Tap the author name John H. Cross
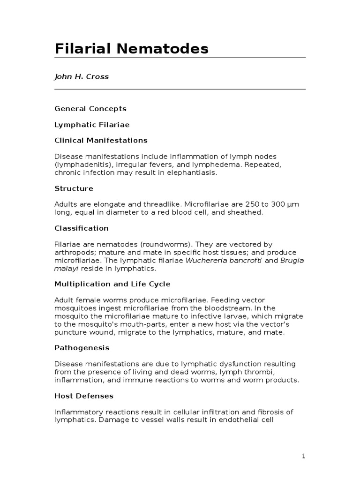[82, 76]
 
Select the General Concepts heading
[90, 109]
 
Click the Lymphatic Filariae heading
[92, 125]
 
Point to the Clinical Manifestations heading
[101, 140]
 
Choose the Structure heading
[74, 188]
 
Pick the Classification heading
[81, 228]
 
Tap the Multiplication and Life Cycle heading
[112, 284]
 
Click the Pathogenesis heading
[82, 348]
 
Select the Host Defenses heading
[84, 396]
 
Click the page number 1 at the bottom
[304, 456]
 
